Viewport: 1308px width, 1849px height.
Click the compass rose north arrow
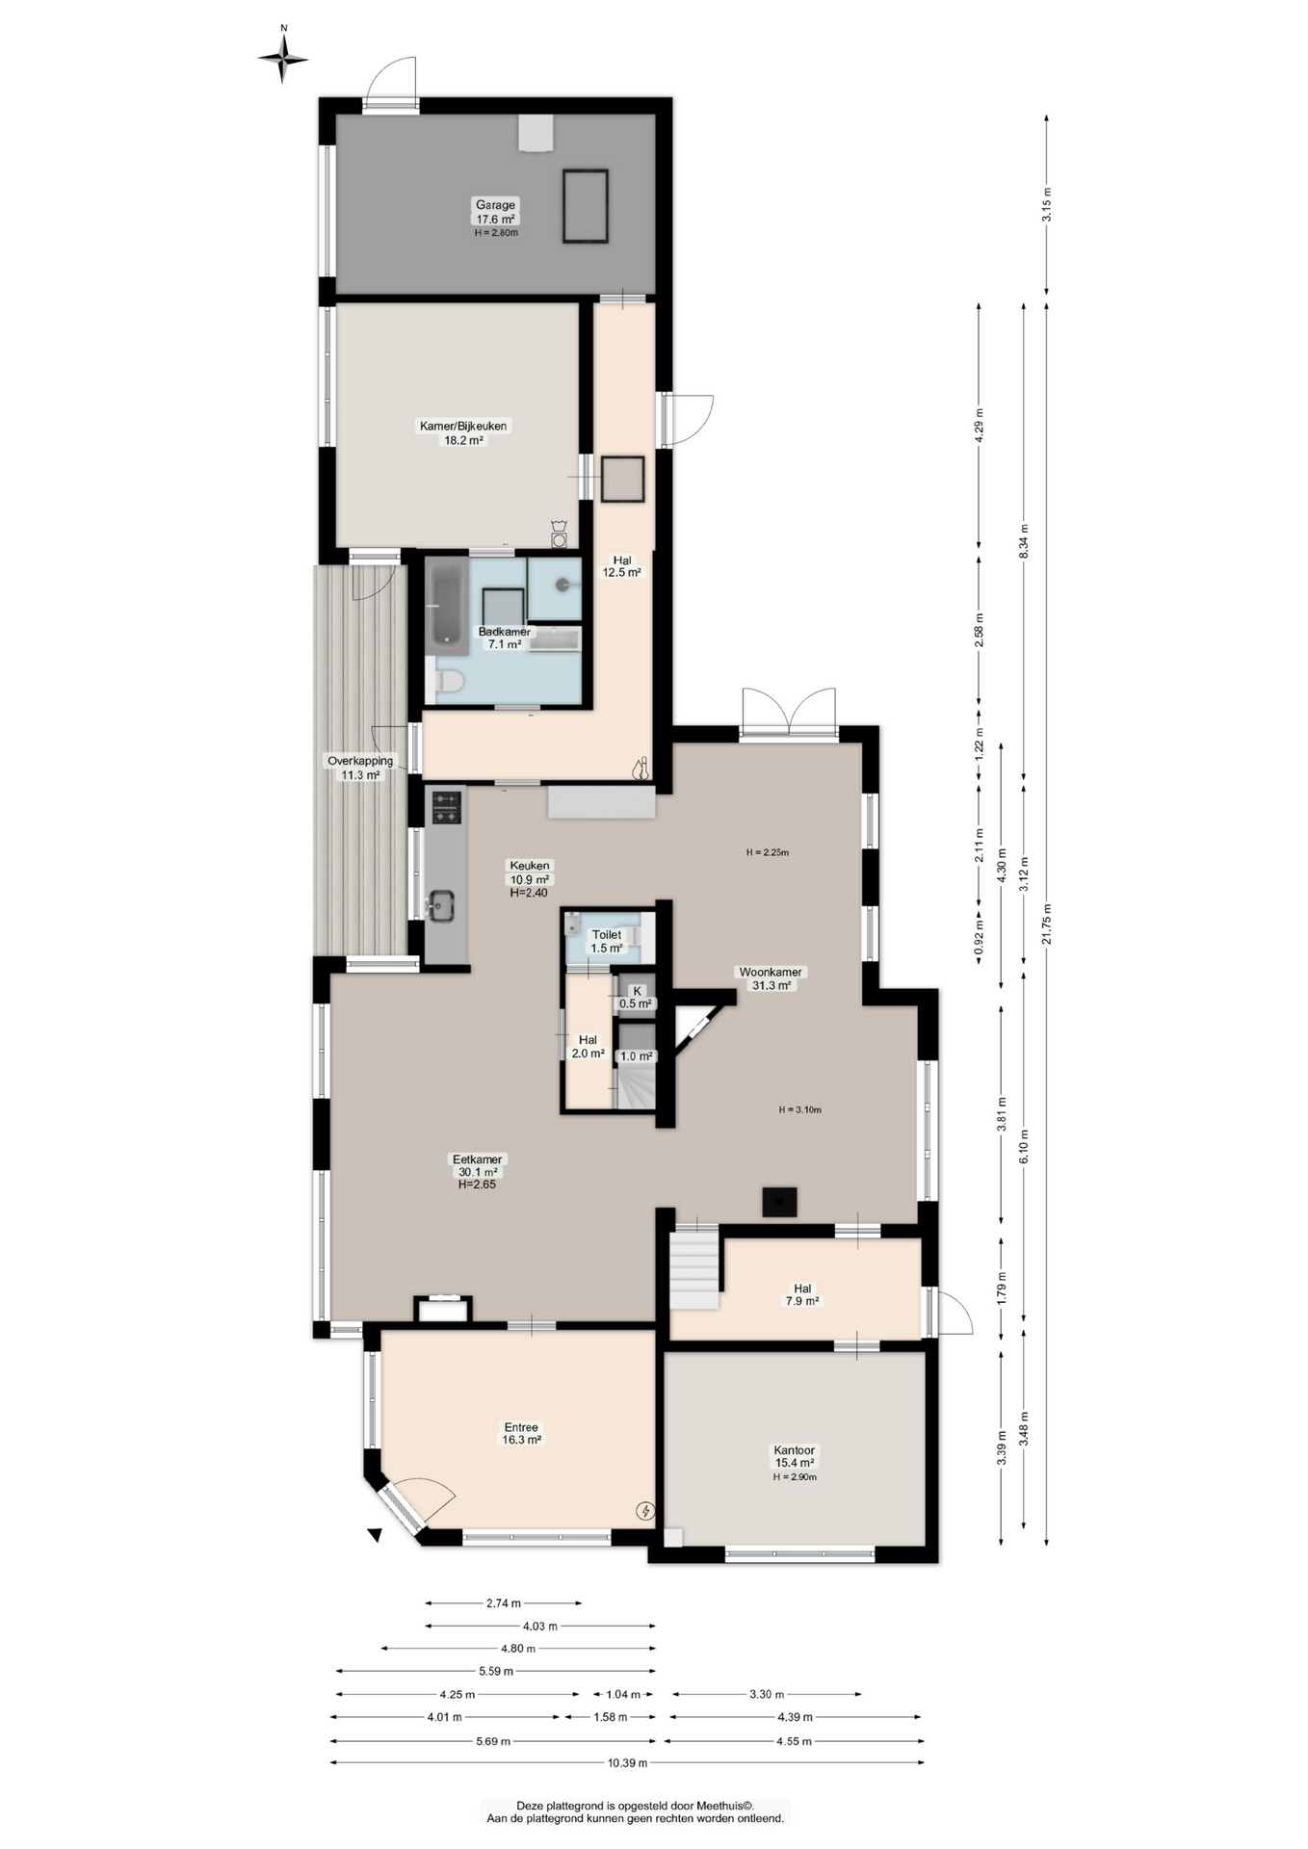click(283, 58)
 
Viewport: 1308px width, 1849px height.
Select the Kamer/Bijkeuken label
click(462, 432)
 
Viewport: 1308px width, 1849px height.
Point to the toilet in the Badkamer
click(448, 682)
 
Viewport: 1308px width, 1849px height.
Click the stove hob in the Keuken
click(446, 808)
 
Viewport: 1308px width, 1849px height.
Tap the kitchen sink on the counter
click(440, 905)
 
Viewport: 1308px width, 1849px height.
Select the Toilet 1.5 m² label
click(607, 941)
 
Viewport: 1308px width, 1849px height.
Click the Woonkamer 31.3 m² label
click(771, 978)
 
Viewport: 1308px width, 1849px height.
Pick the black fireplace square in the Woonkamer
click(780, 1202)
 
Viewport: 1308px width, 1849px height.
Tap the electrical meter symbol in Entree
click(646, 1511)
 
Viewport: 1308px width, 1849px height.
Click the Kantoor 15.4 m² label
click(795, 1456)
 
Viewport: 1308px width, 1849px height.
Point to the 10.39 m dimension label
click(627, 1762)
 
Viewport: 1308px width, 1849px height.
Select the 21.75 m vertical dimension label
click(1047, 924)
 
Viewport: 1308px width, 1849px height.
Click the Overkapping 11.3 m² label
click(360, 768)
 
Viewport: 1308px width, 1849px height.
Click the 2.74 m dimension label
click(504, 1603)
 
